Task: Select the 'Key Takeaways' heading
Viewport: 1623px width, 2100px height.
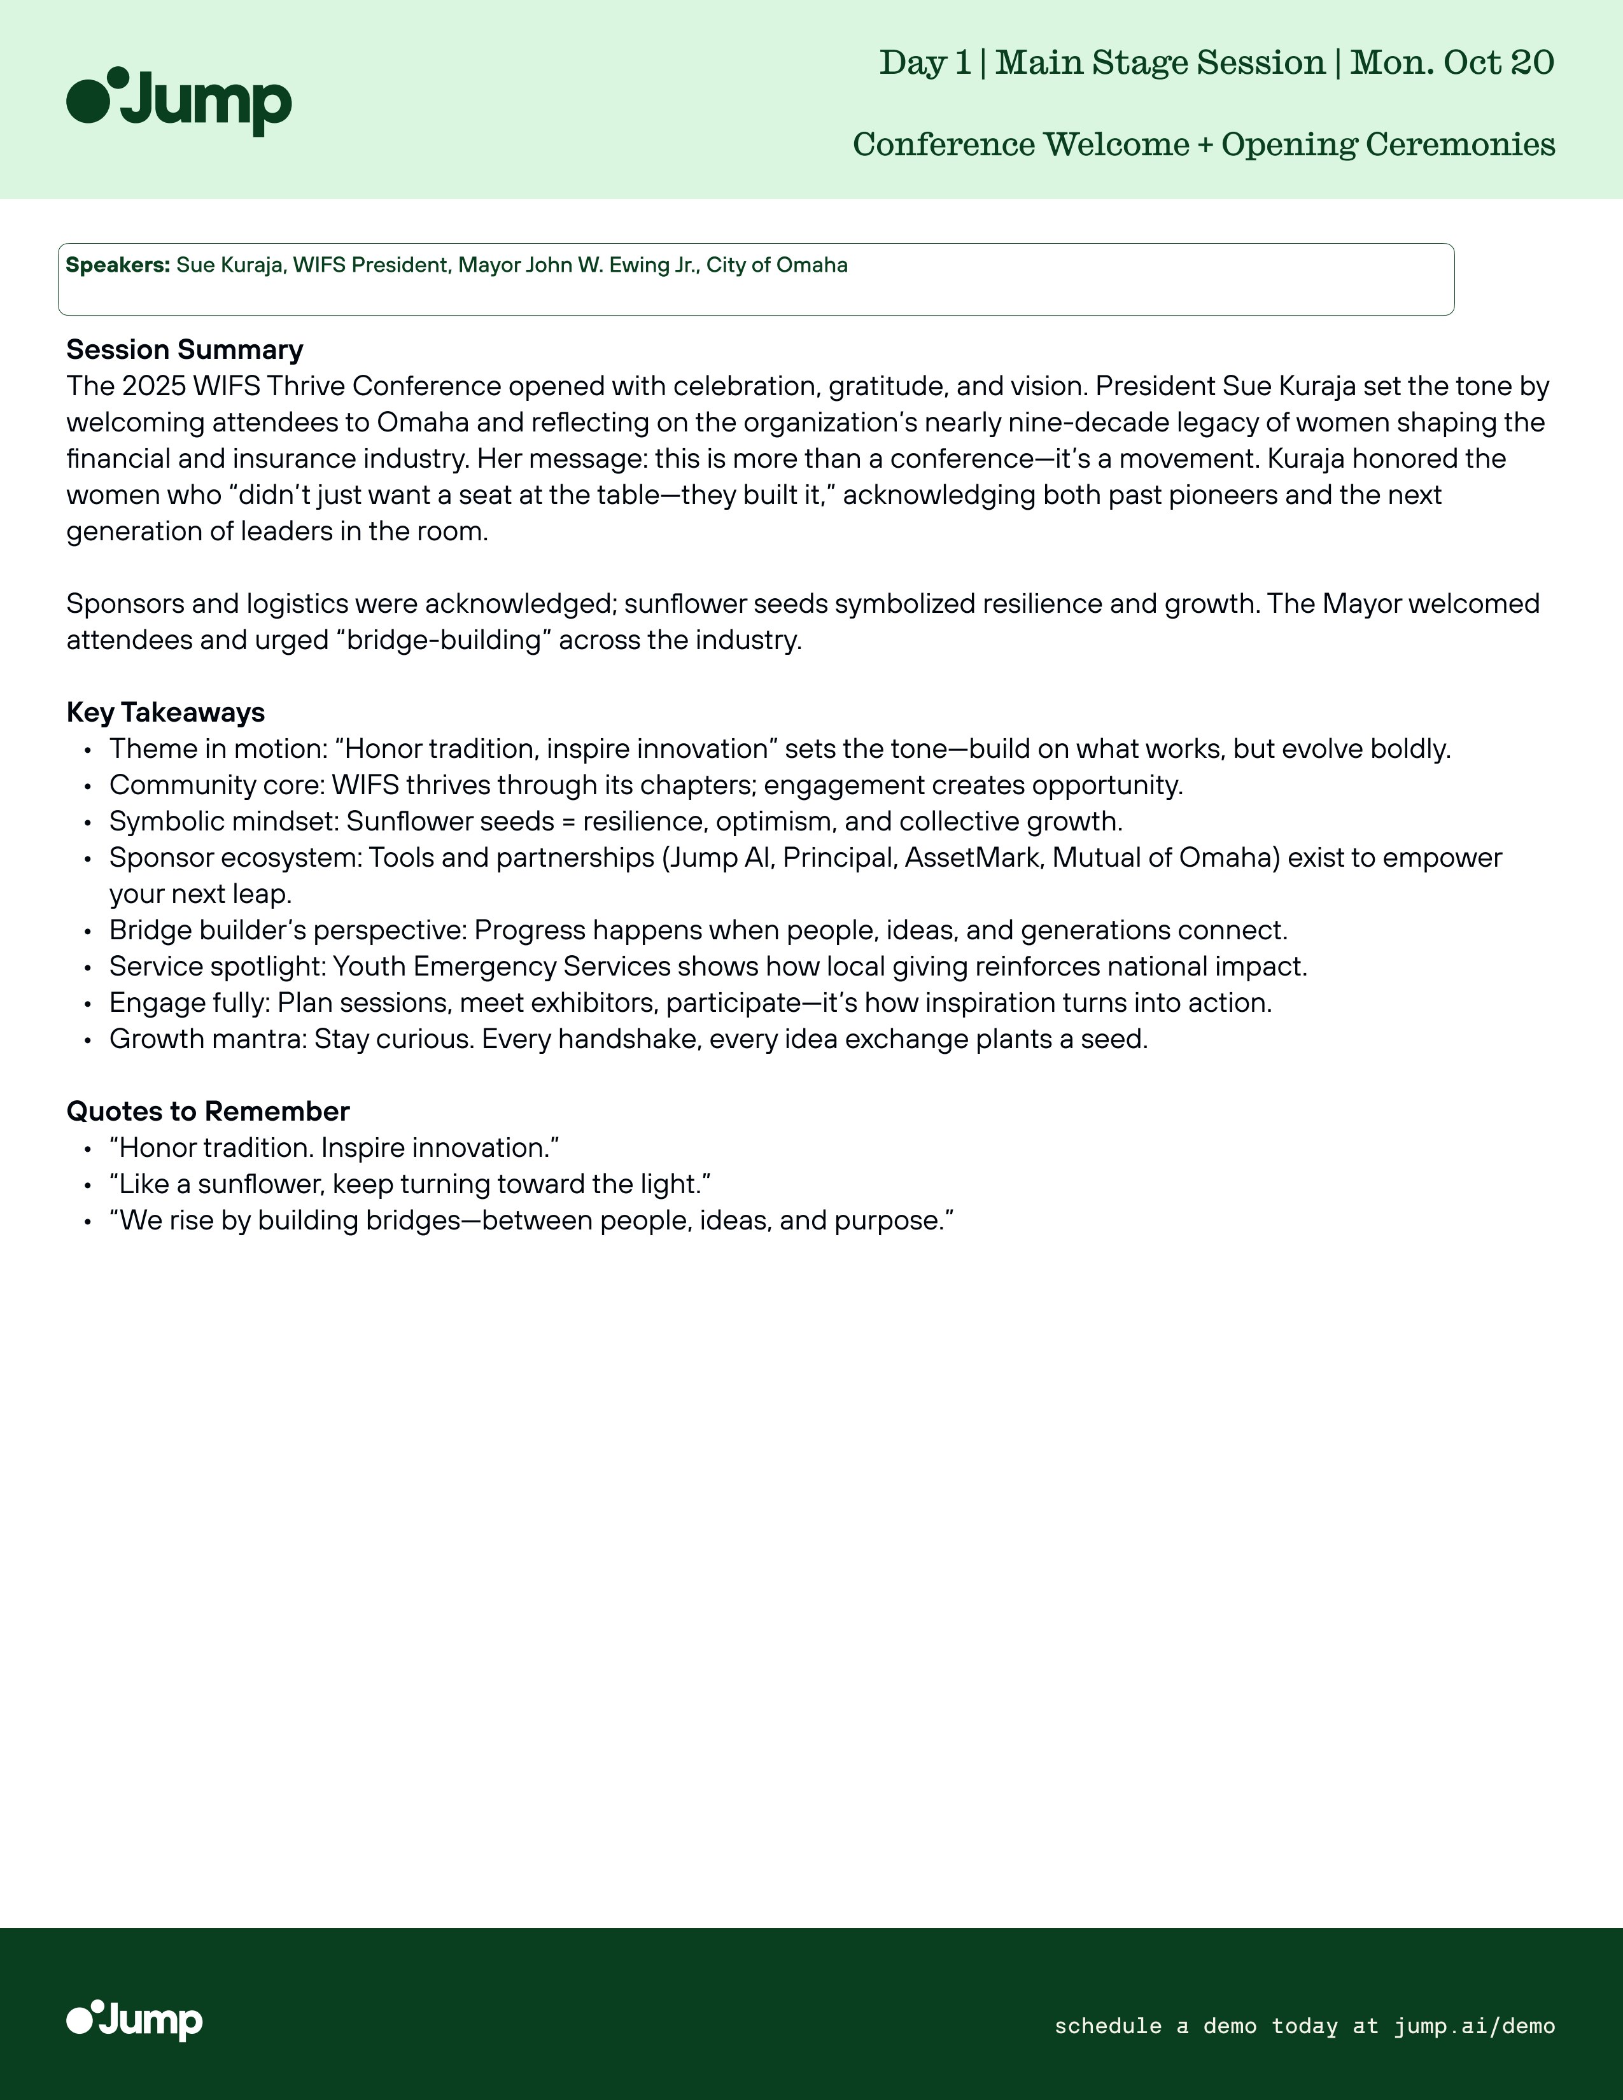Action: (x=165, y=713)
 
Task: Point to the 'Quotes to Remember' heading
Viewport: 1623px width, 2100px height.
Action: (x=207, y=1112)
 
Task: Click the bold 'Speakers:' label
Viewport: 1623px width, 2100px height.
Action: (x=117, y=265)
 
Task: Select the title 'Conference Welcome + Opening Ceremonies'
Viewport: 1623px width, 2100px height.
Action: (x=1204, y=144)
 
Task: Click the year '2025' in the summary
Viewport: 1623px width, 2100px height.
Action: (x=154, y=386)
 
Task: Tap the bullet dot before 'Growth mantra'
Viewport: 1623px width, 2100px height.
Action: (x=87, y=1040)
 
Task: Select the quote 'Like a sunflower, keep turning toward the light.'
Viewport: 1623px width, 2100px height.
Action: (x=410, y=1185)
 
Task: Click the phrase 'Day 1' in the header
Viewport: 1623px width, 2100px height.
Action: (x=925, y=62)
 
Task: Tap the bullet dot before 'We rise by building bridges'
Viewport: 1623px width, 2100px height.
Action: (x=87, y=1222)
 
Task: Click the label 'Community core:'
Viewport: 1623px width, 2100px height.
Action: (x=217, y=785)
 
